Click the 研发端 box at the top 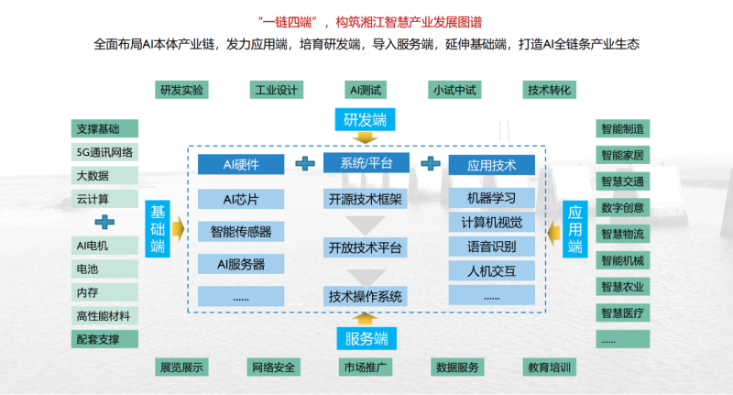tap(365, 120)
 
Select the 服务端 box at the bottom tap(365, 338)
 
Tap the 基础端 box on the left tap(158, 229)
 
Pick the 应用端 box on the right tap(574, 229)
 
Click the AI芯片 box tap(241, 199)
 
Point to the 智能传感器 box tap(241, 232)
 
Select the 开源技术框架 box tap(365, 199)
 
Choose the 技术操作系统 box tap(365, 296)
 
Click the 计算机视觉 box tap(491, 222)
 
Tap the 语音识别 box tap(491, 247)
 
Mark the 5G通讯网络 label tap(104, 152)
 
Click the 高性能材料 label tap(104, 316)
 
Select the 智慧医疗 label tap(623, 313)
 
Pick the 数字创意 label tap(623, 207)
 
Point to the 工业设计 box tap(274, 90)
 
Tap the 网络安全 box tap(274, 368)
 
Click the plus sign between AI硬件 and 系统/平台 tap(303, 164)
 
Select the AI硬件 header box tap(241, 165)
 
